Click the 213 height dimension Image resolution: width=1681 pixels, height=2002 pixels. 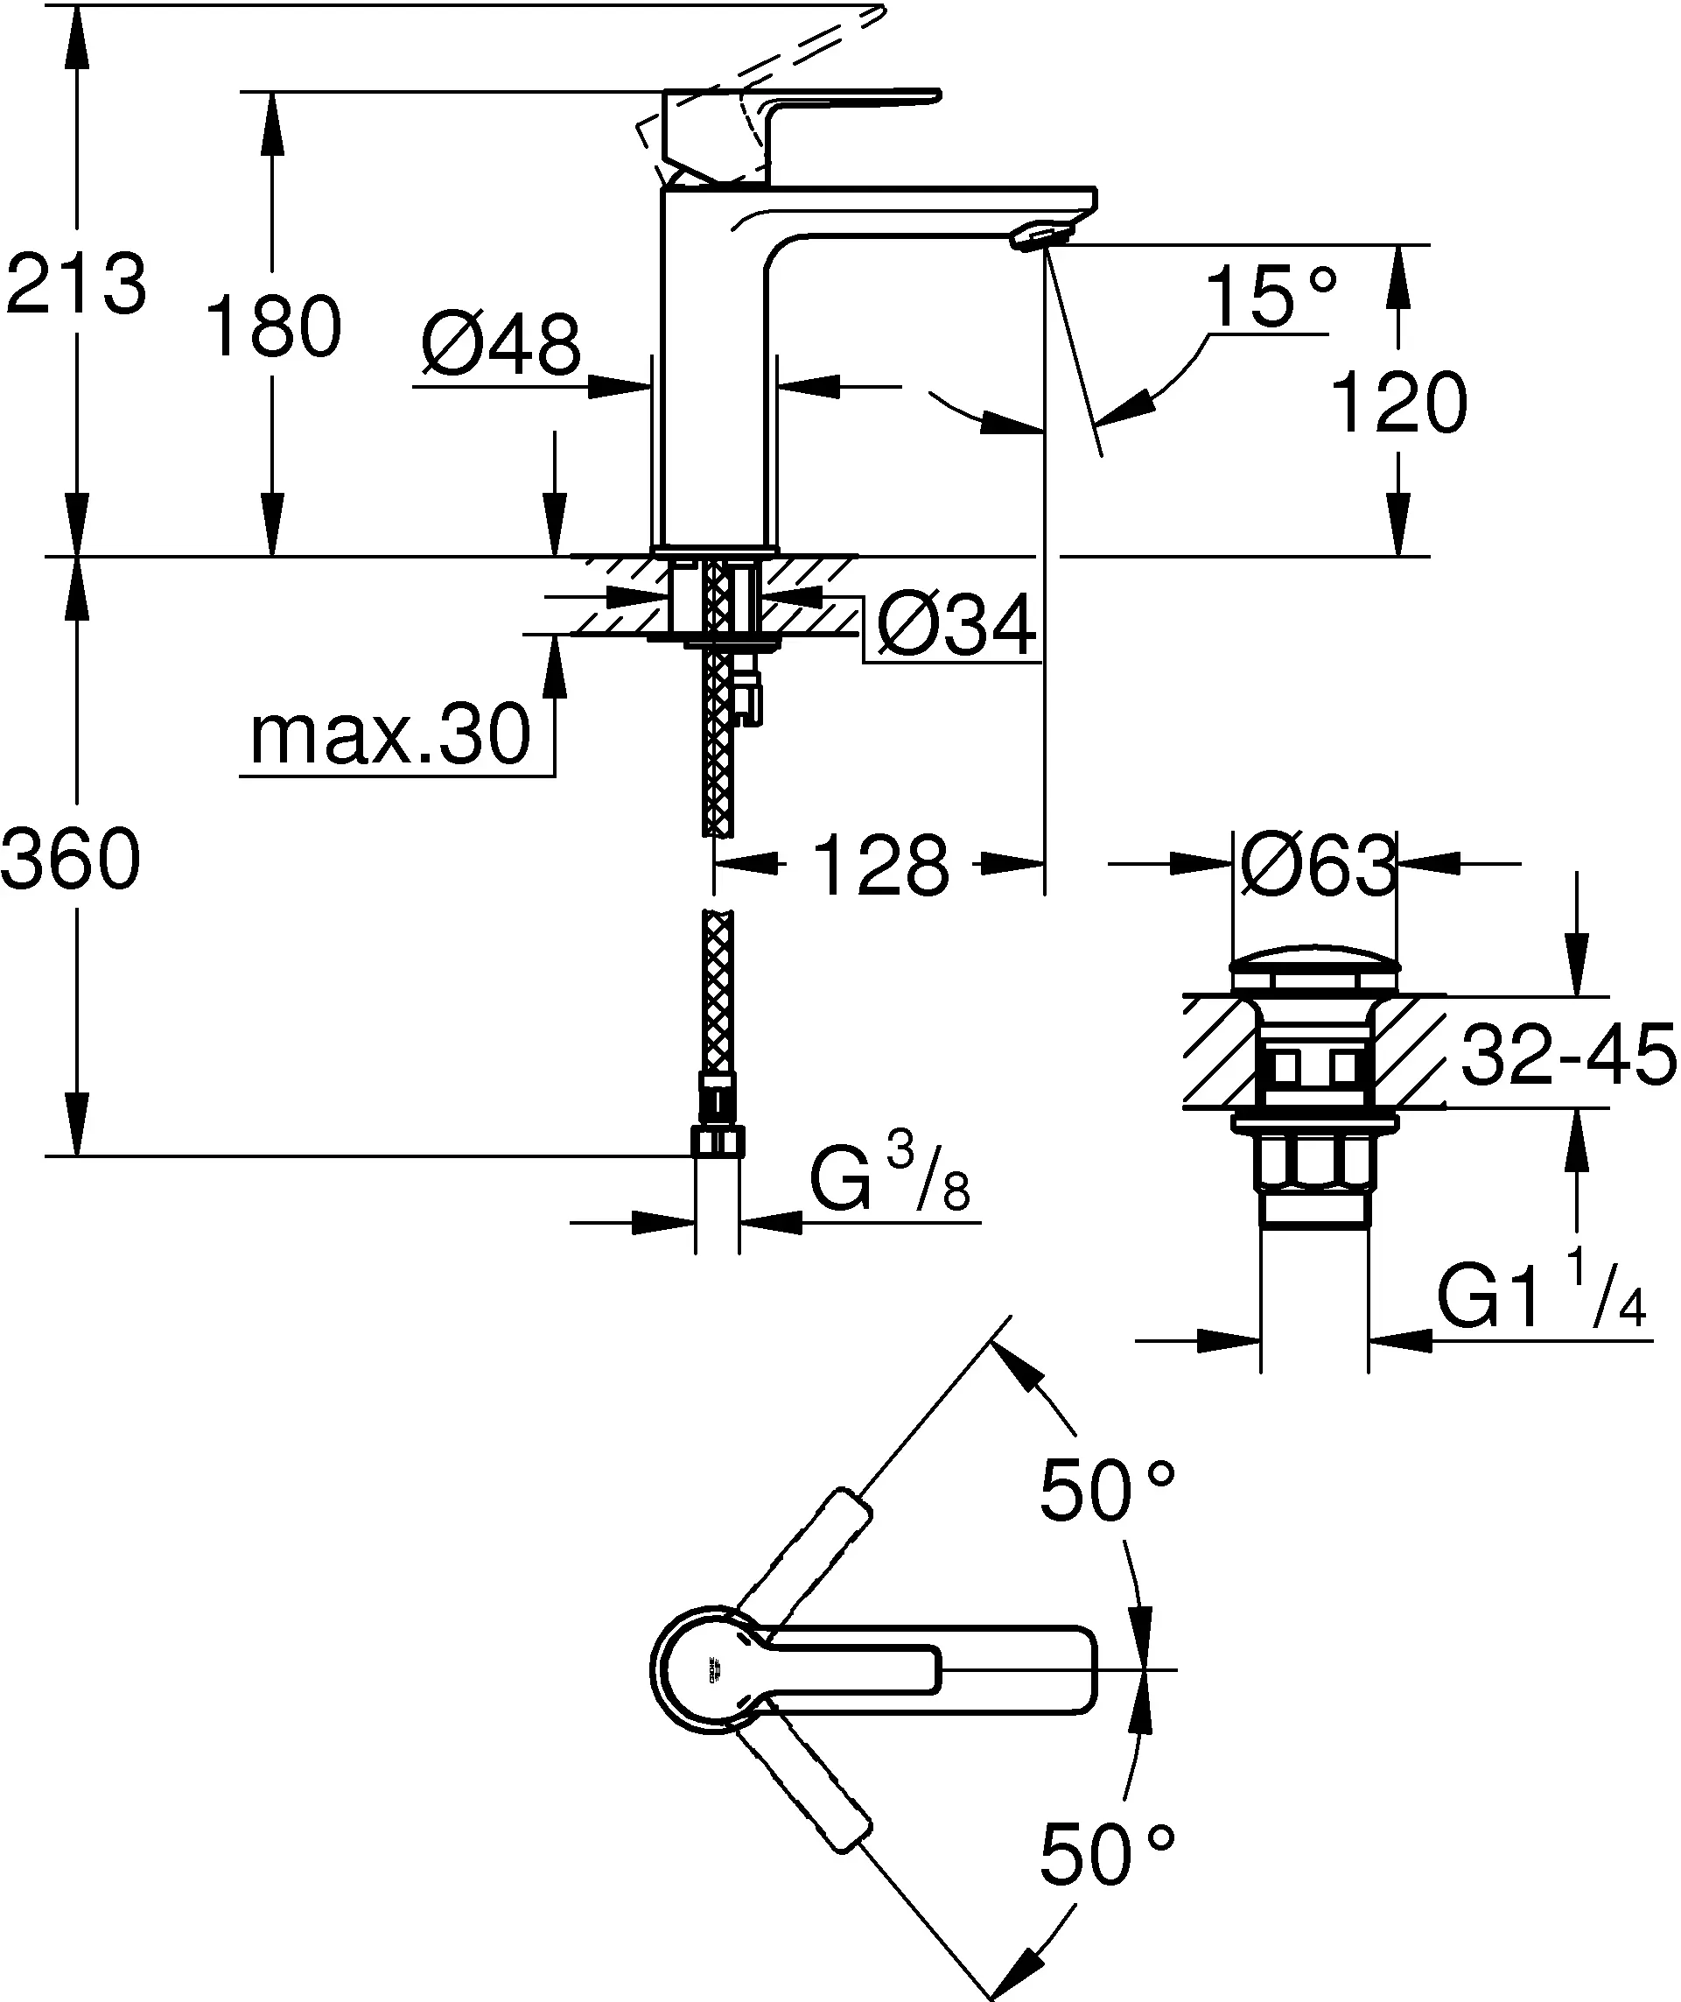tap(76, 284)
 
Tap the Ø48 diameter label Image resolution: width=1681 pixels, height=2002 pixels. tap(501, 344)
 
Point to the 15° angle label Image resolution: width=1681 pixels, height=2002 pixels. tap(1271, 298)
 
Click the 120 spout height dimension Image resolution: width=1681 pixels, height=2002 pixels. tap(1398, 404)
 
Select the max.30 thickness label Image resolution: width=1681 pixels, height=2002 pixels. tap(389, 735)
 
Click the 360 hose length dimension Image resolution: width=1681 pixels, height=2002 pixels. tap(72, 859)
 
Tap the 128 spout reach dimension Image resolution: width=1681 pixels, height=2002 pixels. tap(881, 866)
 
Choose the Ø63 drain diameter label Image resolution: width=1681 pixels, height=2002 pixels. tap(1318, 866)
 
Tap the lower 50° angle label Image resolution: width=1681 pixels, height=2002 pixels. tap(1106, 1855)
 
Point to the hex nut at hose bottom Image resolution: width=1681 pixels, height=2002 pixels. tap(718, 1141)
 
